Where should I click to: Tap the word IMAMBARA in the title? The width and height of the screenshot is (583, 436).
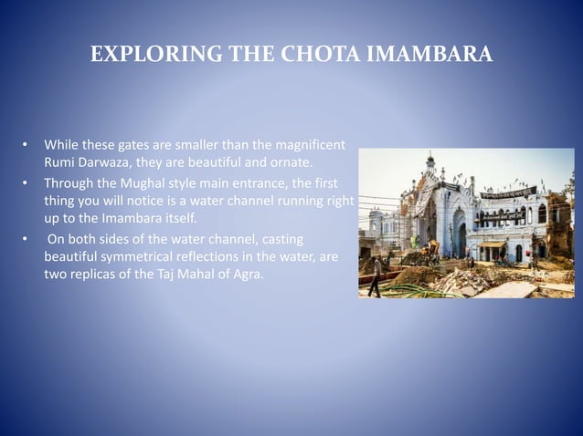coord(429,56)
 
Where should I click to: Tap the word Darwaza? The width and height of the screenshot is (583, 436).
coord(105,163)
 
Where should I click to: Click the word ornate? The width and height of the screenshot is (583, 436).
coord(291,163)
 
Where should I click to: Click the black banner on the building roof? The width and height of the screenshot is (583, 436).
coord(508,193)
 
